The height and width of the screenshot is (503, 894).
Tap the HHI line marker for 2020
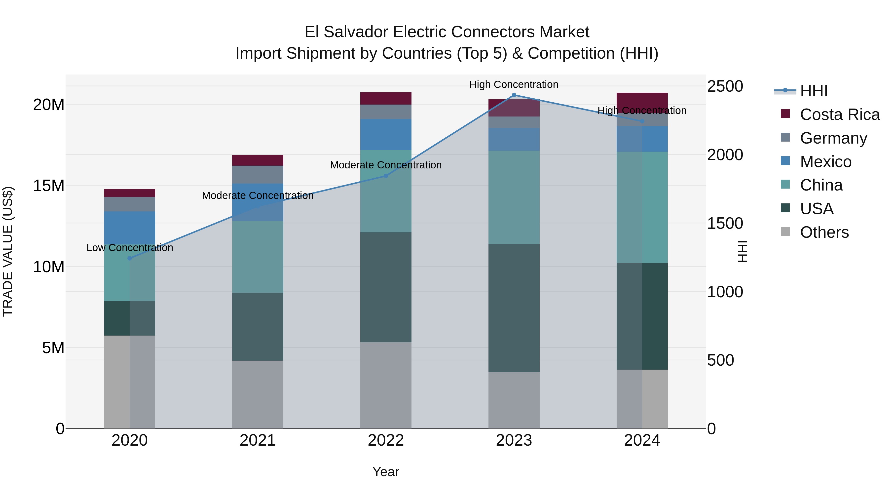pos(130,258)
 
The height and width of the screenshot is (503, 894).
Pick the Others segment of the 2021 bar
pos(258,394)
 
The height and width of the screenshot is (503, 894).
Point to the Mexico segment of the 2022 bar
pos(386,135)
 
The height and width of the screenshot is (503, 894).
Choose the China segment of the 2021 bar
pos(258,257)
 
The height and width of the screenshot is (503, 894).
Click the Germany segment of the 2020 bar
pos(130,204)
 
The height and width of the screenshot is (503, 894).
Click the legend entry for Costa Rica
pos(840,115)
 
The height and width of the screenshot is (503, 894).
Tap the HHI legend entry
pos(814,91)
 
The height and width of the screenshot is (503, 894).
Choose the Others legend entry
pos(824,232)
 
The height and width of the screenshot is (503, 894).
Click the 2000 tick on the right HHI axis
pos(725,155)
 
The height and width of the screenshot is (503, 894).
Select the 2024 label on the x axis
pos(642,440)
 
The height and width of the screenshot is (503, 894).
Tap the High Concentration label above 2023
pos(514,84)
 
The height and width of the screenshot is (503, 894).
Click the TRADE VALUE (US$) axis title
pos(8,251)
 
